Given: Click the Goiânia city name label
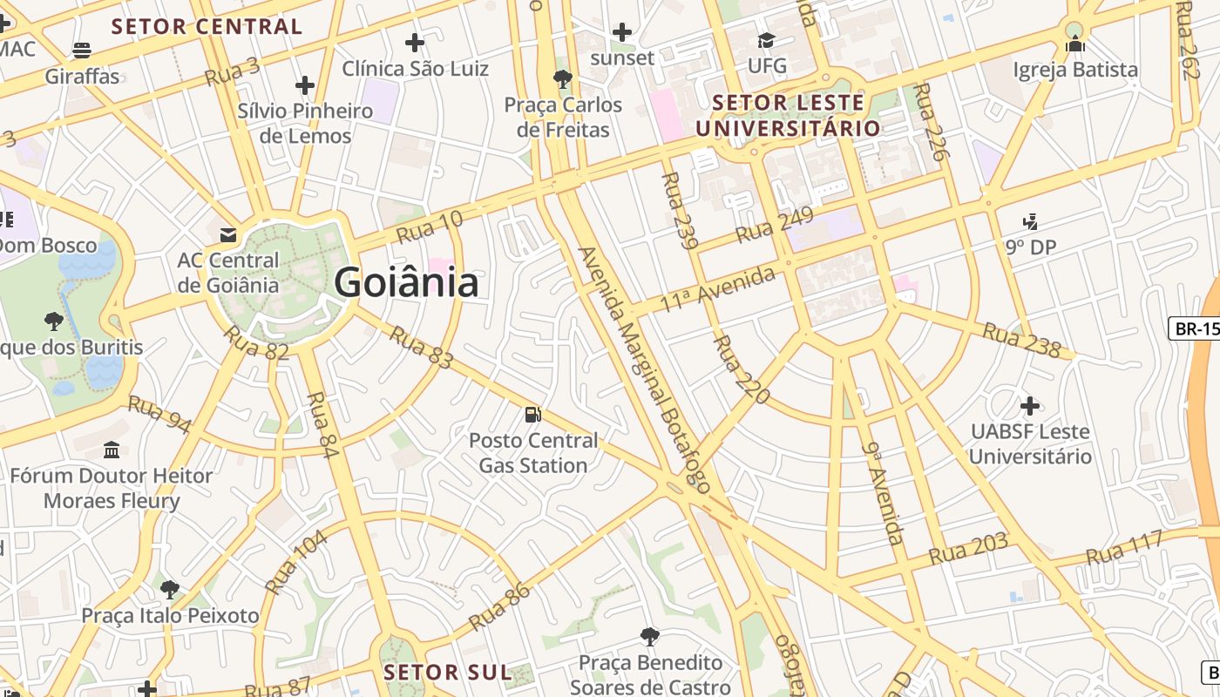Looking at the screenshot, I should [x=406, y=283].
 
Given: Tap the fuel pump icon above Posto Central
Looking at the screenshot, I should [x=533, y=415].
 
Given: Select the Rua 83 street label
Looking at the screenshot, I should [x=421, y=347].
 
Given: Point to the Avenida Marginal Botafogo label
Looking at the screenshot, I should [x=644, y=369].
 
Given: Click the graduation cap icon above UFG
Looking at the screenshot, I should [x=767, y=40].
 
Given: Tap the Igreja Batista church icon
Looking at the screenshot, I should [x=1075, y=44].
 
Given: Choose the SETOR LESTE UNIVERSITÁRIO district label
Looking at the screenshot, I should [x=788, y=115].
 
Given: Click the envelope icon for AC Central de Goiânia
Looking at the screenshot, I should [x=228, y=234].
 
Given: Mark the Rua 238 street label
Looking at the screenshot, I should [x=1021, y=341].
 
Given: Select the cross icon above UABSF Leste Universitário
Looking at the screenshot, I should [x=1030, y=406].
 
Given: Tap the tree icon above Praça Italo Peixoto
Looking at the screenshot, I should [x=170, y=590].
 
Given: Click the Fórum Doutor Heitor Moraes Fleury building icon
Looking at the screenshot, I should [x=112, y=450].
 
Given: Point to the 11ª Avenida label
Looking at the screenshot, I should [x=717, y=290].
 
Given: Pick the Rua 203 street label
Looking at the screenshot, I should [x=968, y=549].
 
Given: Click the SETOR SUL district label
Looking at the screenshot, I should [x=447, y=672].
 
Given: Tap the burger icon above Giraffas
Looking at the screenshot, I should [x=82, y=51].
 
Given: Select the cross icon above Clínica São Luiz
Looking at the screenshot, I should [x=415, y=42].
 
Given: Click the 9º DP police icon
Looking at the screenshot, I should [x=1031, y=221].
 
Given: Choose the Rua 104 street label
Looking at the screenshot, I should [x=296, y=562].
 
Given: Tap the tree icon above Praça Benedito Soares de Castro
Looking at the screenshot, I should [x=649, y=637].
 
